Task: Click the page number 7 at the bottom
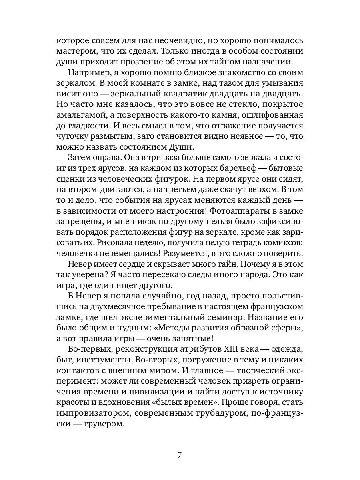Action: [180, 455]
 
